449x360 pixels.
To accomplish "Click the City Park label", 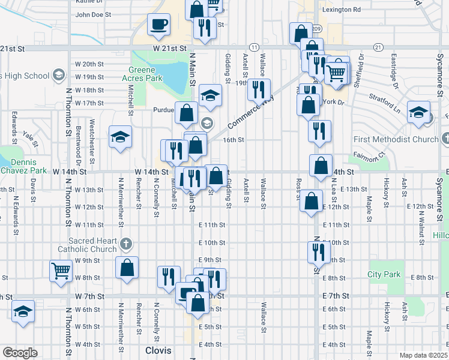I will click(x=384, y=275).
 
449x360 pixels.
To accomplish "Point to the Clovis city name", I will click(x=158, y=350).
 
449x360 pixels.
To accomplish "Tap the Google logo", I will click(x=20, y=352).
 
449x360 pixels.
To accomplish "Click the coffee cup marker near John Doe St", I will click(x=159, y=25).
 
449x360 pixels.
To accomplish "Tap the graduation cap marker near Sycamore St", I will click(x=418, y=113).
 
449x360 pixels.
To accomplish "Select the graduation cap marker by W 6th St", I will click(x=23, y=311).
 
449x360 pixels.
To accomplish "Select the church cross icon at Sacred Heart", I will click(x=125, y=244).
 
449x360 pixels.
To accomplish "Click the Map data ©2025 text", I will click(x=424, y=355).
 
